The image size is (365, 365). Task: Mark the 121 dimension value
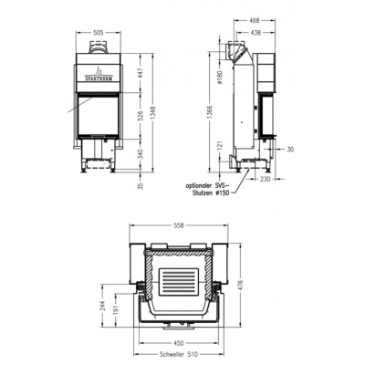point(221,146)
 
